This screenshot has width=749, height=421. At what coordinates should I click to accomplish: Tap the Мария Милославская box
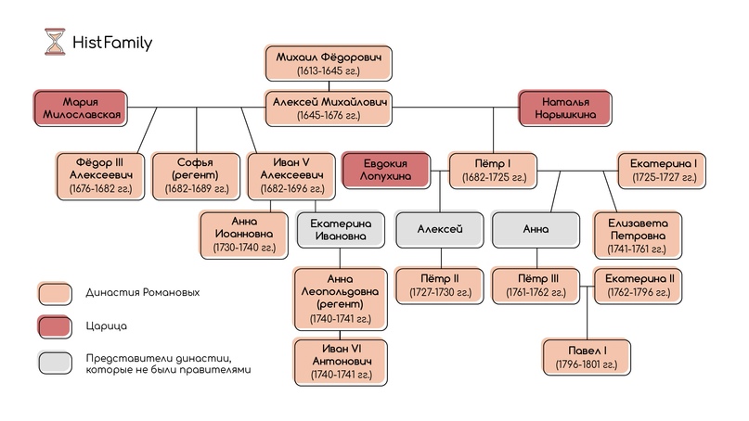(80, 108)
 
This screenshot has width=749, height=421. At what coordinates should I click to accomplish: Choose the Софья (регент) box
(195, 174)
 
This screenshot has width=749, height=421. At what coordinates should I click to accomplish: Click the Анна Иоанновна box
(243, 235)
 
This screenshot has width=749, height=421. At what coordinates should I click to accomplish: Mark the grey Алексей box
(438, 229)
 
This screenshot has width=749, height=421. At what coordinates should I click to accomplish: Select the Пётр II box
(438, 285)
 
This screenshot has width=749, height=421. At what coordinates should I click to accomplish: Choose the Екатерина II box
(639, 285)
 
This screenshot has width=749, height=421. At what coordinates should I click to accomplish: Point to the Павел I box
(588, 357)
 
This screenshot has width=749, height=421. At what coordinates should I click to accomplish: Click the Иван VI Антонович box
(340, 357)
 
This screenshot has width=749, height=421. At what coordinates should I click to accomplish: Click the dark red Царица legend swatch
(55, 326)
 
